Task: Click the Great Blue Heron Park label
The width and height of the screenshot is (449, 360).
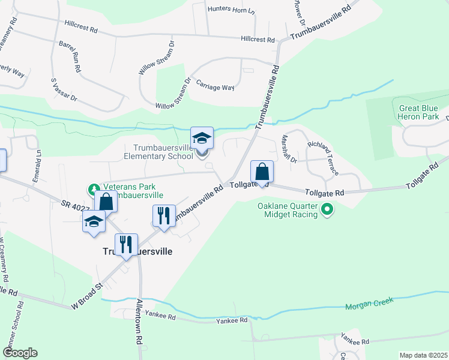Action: [x=419, y=112]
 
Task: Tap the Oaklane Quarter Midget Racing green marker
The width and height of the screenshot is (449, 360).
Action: [x=327, y=210]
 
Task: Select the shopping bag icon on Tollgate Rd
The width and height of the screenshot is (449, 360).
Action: [x=262, y=172]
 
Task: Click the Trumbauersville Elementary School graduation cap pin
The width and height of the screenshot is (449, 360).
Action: [x=202, y=139]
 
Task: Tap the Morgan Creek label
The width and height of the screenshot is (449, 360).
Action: [x=367, y=307]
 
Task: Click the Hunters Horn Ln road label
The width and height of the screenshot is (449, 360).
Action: [x=231, y=10]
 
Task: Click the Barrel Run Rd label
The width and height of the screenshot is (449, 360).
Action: [x=70, y=56]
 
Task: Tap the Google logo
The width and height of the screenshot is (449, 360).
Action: [x=20, y=353]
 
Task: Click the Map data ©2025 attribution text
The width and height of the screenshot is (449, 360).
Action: [x=423, y=355]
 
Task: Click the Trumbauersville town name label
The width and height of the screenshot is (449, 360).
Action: [x=134, y=252]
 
